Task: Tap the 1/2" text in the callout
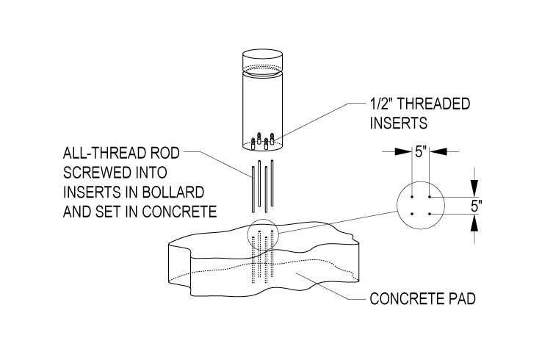pos(386,104)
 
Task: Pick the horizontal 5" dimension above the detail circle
pos(420,152)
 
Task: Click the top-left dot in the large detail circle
pos(413,198)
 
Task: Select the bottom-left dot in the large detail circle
pos(413,214)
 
